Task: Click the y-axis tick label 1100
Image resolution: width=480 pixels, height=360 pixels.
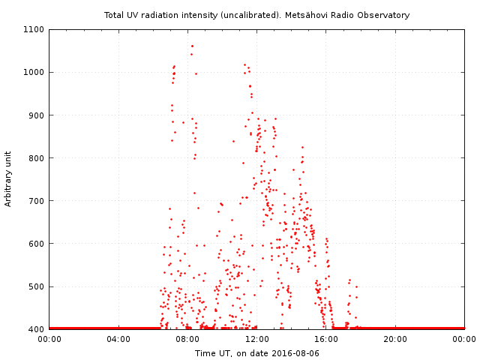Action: point(34,30)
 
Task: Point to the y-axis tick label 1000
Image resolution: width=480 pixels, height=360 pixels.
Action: point(34,73)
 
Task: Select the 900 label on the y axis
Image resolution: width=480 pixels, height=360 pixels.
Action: point(37,115)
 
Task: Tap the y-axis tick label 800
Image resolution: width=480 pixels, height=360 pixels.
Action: point(37,158)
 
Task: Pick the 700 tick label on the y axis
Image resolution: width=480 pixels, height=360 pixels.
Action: point(37,201)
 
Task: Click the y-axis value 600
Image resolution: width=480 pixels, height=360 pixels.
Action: point(37,244)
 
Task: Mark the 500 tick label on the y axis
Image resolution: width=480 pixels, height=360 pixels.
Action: point(37,286)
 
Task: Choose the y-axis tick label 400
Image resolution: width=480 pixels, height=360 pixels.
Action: point(37,329)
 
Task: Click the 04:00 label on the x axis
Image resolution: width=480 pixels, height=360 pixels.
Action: point(118,339)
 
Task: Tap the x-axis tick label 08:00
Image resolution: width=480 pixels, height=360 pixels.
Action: point(187,339)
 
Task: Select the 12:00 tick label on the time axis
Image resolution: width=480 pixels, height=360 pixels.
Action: point(257,339)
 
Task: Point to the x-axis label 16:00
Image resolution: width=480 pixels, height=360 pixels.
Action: point(326,339)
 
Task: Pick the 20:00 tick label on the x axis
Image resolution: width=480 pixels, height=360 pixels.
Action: point(395,339)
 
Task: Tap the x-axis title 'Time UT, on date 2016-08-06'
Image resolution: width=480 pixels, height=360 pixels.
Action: point(257,352)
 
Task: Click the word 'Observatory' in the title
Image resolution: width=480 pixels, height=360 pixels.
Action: point(385,15)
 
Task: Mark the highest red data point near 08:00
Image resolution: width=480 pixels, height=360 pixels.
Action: point(191,46)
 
